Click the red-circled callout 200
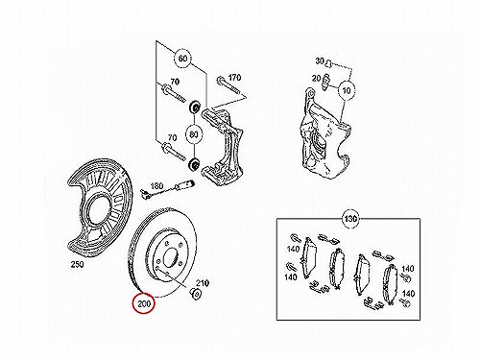point(144,303)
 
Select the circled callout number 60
point(182,59)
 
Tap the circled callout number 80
point(194,134)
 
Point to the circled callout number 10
point(347,91)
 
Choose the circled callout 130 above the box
point(350,219)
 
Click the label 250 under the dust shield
point(77,264)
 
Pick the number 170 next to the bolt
point(234,78)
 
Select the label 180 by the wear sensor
point(156,185)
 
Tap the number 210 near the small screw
point(203,283)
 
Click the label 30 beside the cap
point(320,60)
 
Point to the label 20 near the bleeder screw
point(316,78)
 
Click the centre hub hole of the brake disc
point(170,256)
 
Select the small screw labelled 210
point(196,293)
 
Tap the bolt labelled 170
point(228,85)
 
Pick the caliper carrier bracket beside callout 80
point(223,147)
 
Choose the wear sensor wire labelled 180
point(168,190)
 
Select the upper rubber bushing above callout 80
point(194,107)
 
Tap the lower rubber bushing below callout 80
point(194,164)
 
